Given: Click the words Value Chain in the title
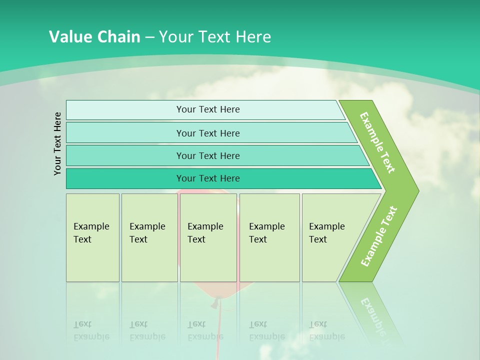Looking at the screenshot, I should click(94, 37).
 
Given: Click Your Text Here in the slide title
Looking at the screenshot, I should click(215, 37).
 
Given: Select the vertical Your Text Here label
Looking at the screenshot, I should click(57, 143).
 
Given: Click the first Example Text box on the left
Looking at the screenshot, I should click(92, 237).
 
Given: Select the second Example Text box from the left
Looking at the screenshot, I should click(149, 237).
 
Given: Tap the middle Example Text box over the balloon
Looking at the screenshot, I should click(207, 237).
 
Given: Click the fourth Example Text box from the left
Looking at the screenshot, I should click(269, 237).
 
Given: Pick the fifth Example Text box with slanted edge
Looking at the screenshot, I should click(330, 237).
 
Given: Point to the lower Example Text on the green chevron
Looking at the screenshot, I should click(378, 236).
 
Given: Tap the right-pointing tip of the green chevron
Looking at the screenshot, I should click(416, 191).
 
